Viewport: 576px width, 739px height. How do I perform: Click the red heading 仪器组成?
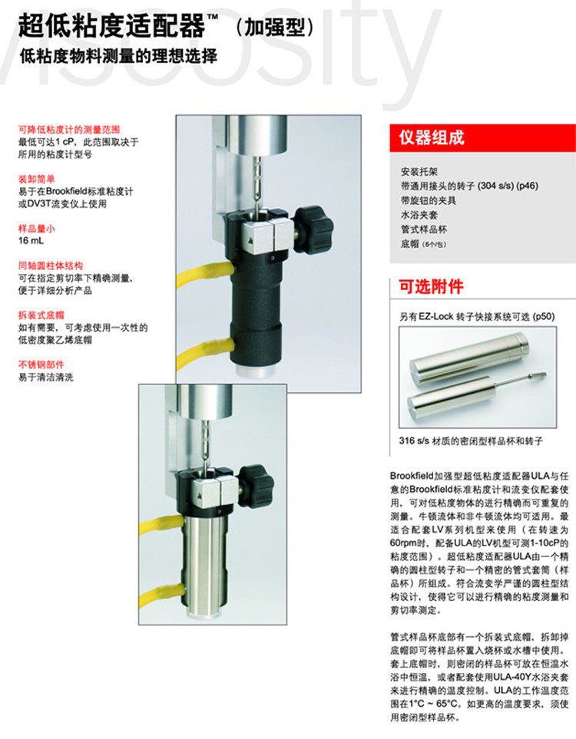[x=431, y=137]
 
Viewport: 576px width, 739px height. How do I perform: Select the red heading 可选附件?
[x=431, y=286]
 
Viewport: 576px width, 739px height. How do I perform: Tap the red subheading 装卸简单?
[x=37, y=179]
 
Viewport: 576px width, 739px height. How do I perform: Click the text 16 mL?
[x=31, y=241]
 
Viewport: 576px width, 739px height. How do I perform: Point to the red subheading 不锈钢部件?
[x=41, y=365]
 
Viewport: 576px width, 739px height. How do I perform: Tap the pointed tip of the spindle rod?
[x=546, y=374]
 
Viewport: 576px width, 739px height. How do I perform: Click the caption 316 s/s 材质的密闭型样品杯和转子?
[x=471, y=441]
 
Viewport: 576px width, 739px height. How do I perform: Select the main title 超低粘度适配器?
[x=112, y=25]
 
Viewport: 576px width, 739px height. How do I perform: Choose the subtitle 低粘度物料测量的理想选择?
[x=118, y=57]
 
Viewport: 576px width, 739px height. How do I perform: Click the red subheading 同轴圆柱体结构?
[x=51, y=266]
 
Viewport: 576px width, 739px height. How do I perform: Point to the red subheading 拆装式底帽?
[x=41, y=315]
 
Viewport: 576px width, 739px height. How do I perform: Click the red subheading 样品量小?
[x=37, y=229]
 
